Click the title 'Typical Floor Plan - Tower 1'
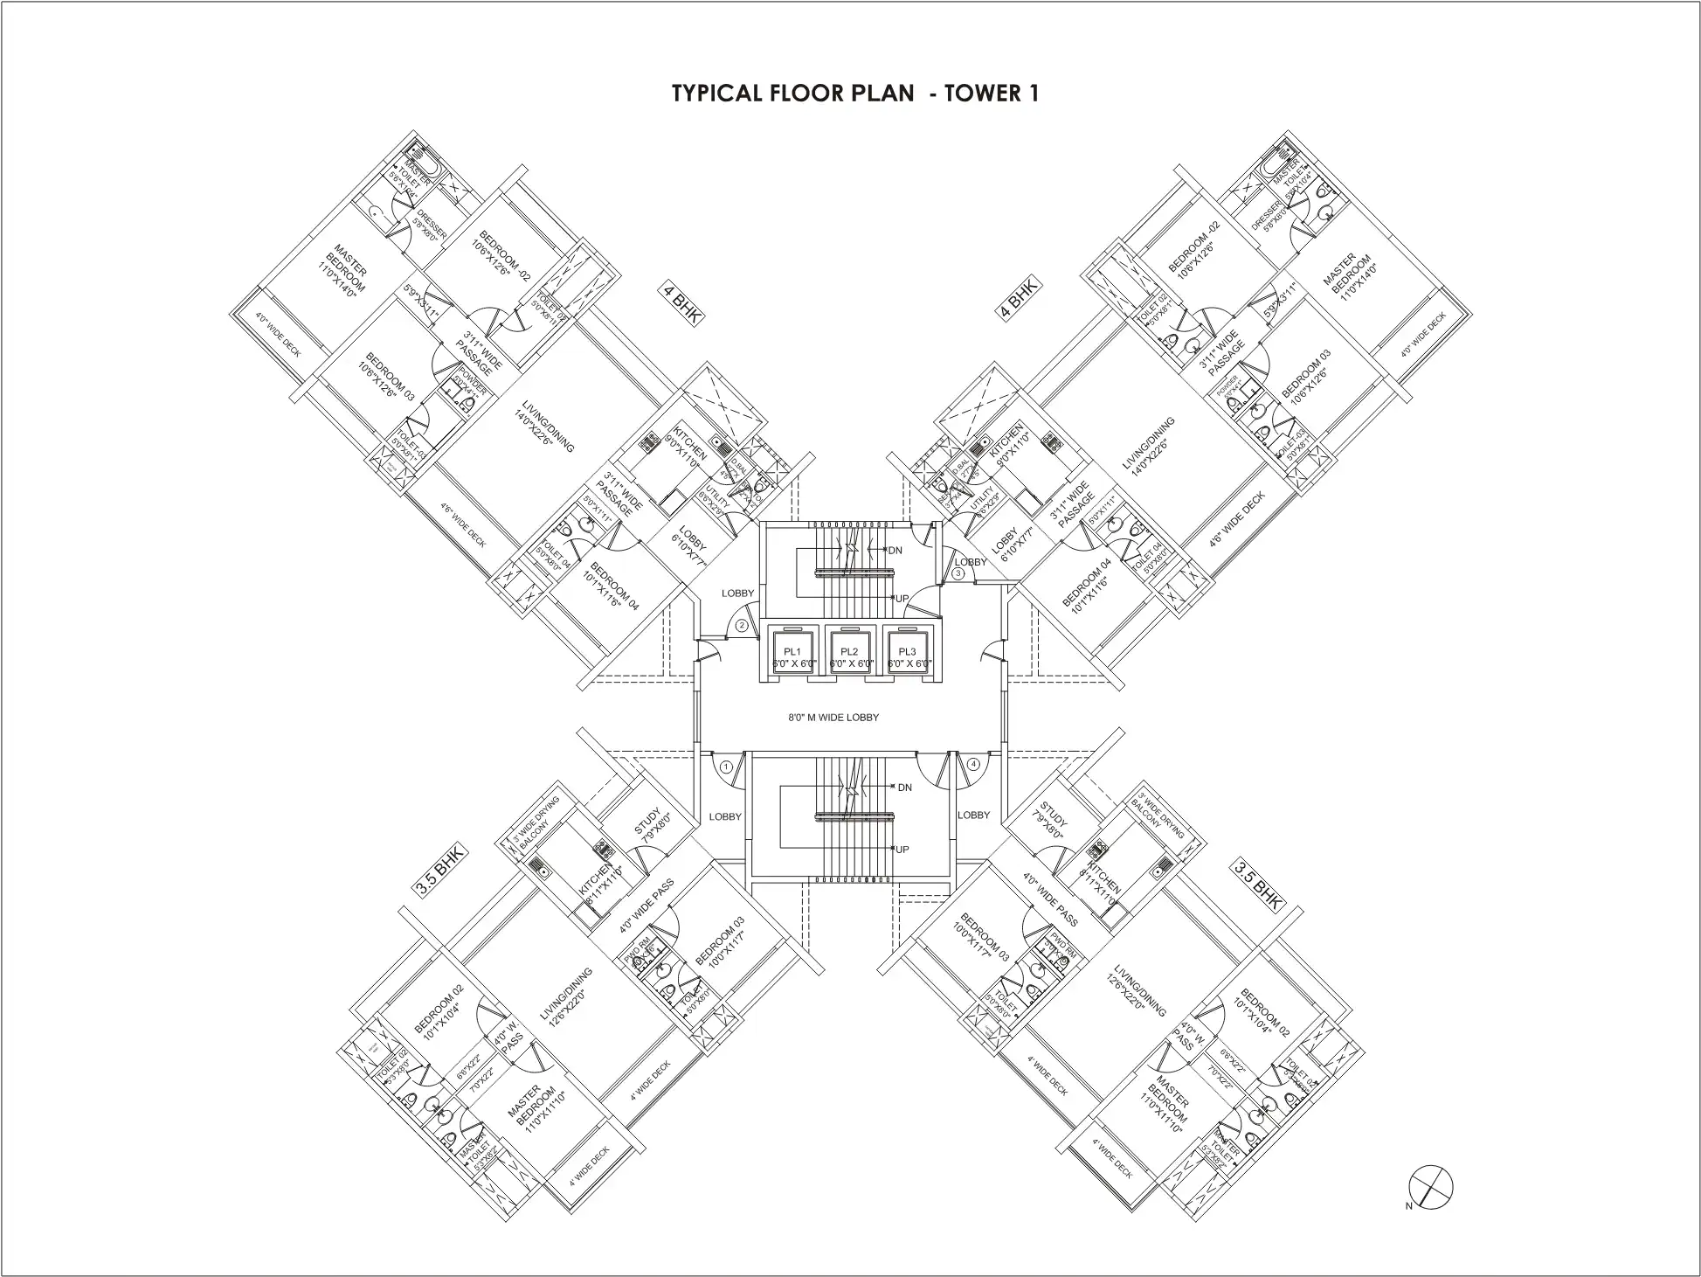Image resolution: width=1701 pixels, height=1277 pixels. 854,94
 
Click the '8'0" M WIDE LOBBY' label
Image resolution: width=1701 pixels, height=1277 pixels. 833,718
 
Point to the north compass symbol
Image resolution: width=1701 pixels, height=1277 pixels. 1431,1187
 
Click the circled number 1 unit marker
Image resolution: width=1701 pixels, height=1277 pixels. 727,767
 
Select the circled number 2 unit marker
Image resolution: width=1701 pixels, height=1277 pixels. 742,625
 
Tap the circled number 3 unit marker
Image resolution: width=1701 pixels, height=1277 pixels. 958,573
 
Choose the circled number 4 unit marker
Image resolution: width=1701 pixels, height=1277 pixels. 973,764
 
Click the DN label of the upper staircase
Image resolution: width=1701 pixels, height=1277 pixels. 895,551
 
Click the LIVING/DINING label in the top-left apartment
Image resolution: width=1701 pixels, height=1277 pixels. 547,428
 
